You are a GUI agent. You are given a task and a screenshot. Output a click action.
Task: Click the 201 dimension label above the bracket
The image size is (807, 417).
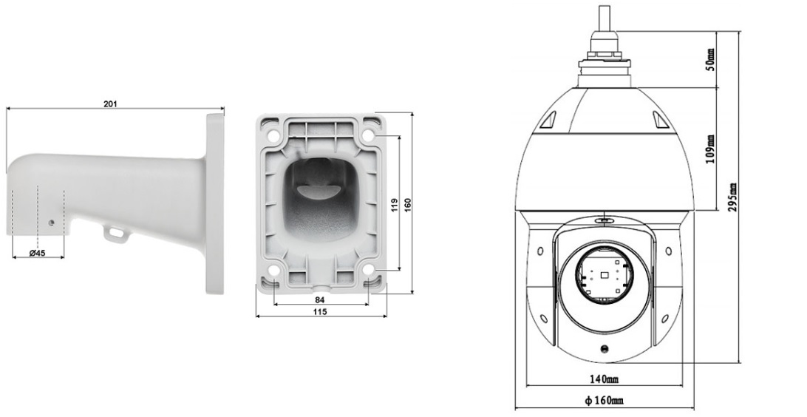(110, 104)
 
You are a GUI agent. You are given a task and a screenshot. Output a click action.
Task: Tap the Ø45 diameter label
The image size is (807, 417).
(37, 253)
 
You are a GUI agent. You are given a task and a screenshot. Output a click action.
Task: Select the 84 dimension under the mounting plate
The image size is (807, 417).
(320, 299)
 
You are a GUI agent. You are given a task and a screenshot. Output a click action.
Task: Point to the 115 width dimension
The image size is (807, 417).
(320, 311)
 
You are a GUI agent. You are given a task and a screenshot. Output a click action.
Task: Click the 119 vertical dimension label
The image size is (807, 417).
(395, 205)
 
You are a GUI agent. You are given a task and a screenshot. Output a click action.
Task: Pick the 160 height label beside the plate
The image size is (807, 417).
(408, 204)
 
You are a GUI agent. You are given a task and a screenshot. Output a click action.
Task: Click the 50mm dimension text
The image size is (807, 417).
(710, 60)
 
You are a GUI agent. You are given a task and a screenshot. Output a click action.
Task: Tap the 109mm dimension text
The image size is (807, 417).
(710, 149)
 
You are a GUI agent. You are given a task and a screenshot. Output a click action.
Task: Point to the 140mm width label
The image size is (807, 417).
(604, 379)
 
